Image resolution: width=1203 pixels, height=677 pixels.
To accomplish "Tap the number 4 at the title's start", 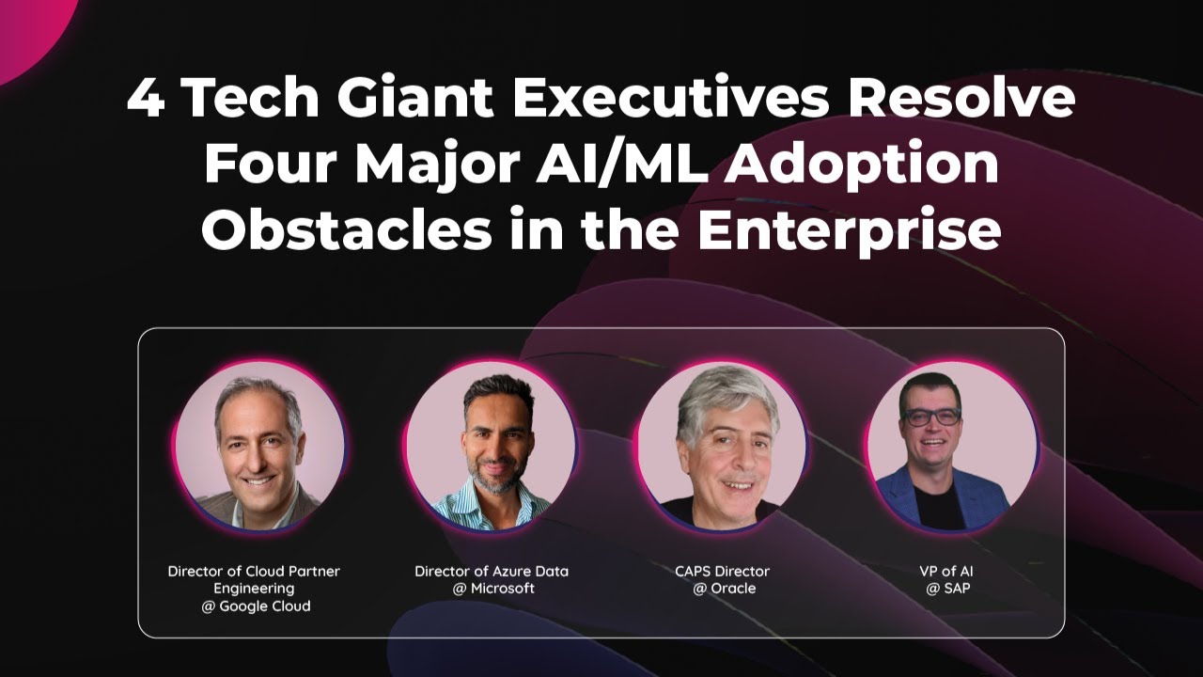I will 145,99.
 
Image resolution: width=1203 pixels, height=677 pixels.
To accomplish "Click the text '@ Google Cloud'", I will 255,606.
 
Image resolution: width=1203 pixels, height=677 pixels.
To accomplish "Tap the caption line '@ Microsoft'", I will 492,589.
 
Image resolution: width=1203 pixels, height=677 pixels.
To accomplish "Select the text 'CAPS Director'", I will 722,571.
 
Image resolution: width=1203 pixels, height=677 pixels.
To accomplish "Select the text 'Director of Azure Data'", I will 492,571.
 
